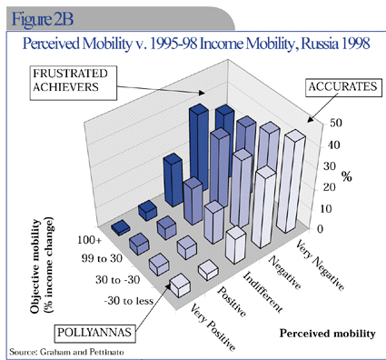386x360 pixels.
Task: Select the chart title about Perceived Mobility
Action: pos(192,43)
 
